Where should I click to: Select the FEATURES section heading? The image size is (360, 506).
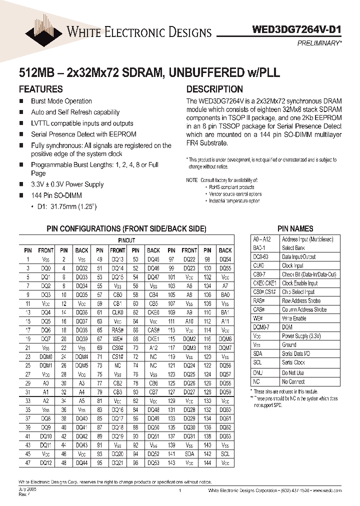pyautogui.click(x=40, y=89)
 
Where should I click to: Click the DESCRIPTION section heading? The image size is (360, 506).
pyautogui.click(x=214, y=89)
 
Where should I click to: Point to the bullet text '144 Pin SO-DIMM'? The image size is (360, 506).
pyautogui.click(x=56, y=195)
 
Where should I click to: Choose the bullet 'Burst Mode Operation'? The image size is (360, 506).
pyautogui.click(x=61, y=101)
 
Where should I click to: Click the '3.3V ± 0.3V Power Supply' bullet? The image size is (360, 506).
pyautogui.click(x=67, y=184)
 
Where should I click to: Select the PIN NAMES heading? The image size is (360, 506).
pyautogui.click(x=295, y=228)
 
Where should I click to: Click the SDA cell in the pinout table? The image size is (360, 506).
pyautogui.click(x=189, y=454)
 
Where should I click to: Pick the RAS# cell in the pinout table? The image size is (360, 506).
pyautogui.click(x=117, y=330)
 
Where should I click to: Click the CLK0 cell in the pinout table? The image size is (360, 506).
pyautogui.click(x=117, y=312)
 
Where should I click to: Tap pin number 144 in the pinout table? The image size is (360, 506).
pyautogui.click(x=207, y=463)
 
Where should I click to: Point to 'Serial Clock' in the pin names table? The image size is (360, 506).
pyautogui.click(x=293, y=362)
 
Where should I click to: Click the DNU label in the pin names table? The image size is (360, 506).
pyautogui.click(x=257, y=373)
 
